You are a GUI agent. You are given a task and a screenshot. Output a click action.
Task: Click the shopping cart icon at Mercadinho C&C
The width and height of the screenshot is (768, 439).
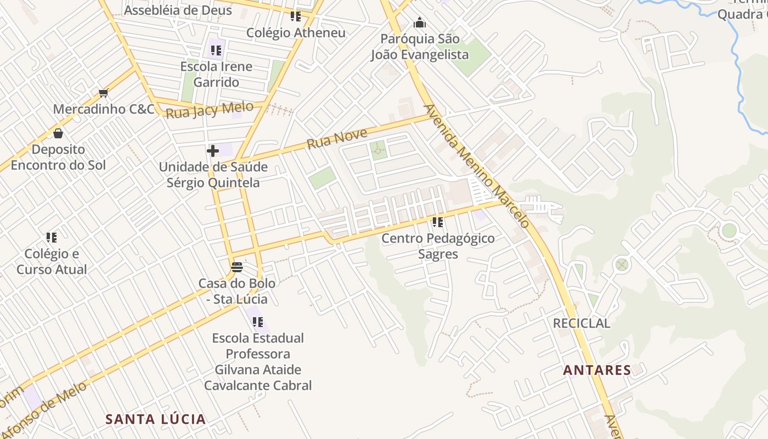[103, 93]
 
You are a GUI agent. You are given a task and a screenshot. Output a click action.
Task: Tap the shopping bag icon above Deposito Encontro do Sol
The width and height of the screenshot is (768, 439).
[58, 133]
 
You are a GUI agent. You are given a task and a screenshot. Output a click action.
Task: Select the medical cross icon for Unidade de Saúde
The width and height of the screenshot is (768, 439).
[213, 150]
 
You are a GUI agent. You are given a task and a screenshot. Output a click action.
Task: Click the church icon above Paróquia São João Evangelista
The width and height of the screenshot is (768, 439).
[420, 22]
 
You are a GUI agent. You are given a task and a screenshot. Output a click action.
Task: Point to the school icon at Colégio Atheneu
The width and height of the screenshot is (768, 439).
[296, 16]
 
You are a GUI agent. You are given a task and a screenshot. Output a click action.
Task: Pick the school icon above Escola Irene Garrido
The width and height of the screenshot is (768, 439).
[216, 50]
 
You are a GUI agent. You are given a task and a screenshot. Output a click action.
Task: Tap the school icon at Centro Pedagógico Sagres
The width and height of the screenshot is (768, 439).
[438, 222]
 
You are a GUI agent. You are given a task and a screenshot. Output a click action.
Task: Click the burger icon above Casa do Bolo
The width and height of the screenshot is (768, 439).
[237, 267]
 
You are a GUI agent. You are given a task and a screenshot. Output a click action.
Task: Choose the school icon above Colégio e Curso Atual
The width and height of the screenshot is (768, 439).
[52, 238]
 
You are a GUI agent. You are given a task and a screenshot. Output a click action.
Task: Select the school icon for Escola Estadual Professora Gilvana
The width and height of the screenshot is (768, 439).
[258, 322]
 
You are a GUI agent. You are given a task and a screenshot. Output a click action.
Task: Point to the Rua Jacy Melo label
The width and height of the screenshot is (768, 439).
[210, 110]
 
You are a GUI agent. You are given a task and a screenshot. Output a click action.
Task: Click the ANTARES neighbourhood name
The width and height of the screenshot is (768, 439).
[597, 370]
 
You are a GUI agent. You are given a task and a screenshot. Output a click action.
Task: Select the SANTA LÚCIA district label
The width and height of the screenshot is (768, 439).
[156, 419]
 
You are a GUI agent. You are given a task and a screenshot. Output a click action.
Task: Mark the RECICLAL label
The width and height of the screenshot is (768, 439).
[581, 323]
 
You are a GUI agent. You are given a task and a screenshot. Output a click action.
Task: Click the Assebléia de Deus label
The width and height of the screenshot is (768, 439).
[178, 10]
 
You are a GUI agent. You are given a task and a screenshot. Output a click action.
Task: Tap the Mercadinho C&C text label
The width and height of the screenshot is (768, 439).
[104, 109]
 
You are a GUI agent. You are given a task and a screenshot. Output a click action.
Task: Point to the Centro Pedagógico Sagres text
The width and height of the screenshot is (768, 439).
[438, 246]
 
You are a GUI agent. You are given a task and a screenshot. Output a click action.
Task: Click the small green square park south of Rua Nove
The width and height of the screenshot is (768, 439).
[378, 150]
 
